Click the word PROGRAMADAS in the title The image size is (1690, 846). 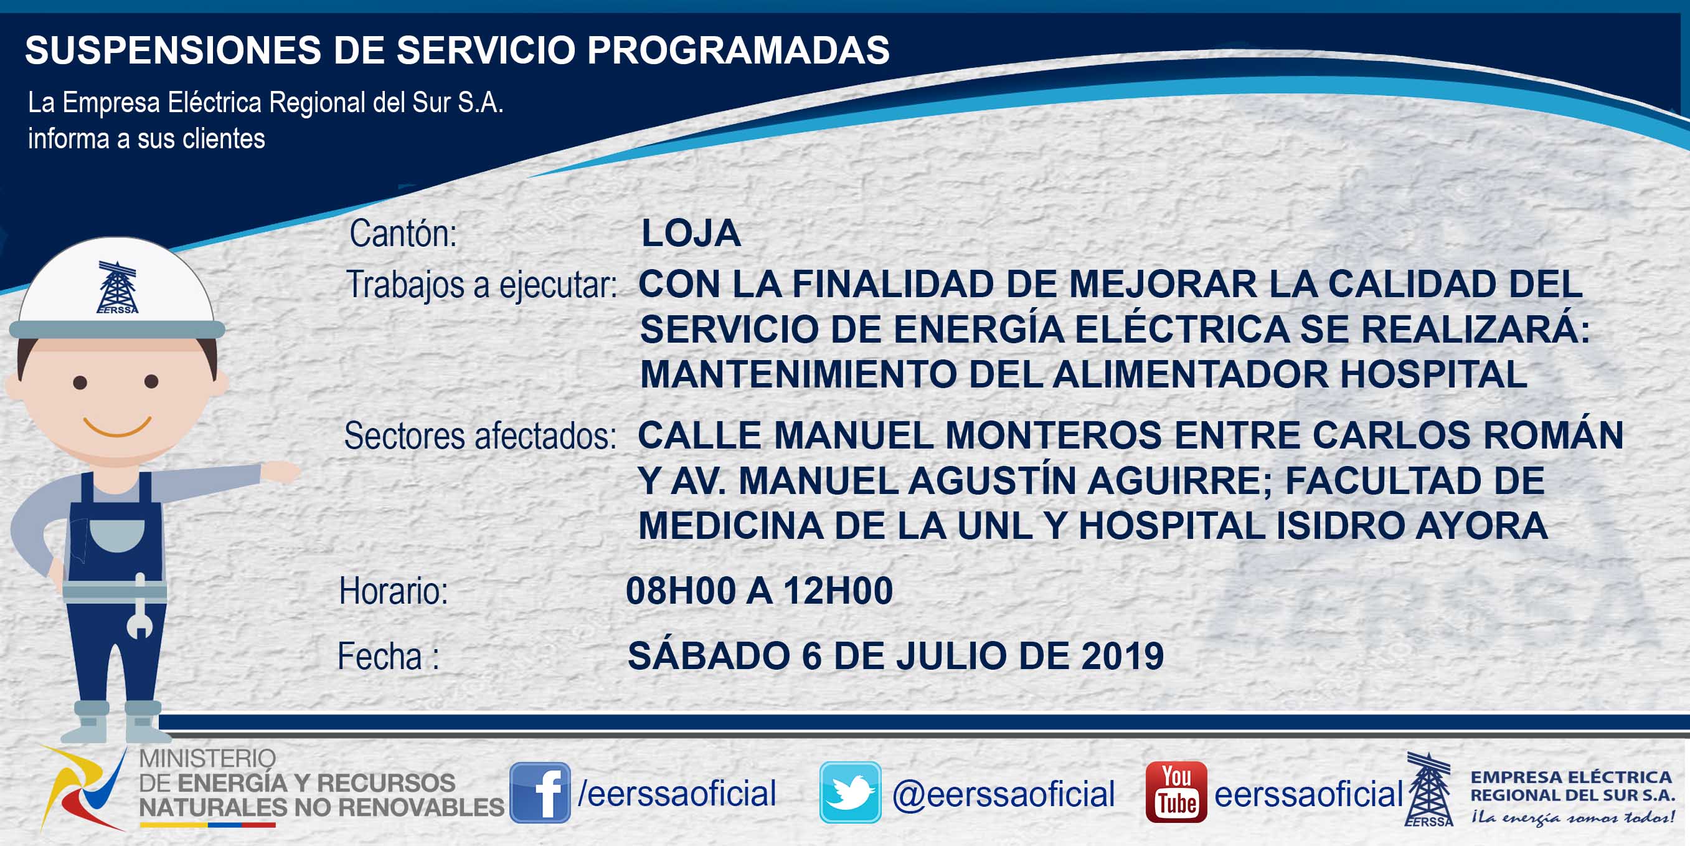738,50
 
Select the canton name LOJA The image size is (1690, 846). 691,233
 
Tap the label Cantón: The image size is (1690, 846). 403,234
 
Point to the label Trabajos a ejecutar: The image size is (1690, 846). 481,285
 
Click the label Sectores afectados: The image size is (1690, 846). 480,436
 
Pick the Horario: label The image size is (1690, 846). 394,591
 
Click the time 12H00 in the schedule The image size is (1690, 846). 838,591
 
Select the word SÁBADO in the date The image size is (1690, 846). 709,654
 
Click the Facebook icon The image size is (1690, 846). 540,792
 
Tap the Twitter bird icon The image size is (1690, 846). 850,792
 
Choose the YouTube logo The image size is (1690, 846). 1176,792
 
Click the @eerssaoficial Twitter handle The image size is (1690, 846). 1003,794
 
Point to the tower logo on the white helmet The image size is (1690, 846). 118,287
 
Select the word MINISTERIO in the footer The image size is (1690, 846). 207,759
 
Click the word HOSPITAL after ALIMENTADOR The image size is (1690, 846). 1433,374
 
